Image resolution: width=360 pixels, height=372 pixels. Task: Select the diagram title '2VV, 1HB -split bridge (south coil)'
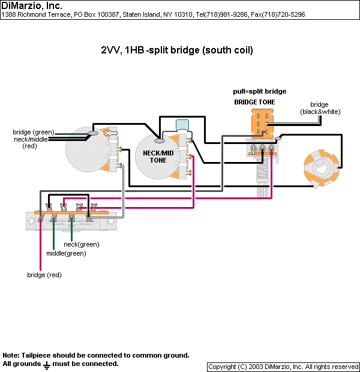(x=177, y=50)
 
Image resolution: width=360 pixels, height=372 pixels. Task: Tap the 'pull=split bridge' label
(x=259, y=91)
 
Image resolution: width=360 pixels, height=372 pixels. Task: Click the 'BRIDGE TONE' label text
(x=254, y=103)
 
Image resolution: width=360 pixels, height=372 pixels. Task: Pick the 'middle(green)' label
(x=66, y=254)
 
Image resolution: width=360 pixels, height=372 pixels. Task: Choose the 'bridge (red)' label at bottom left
(x=44, y=275)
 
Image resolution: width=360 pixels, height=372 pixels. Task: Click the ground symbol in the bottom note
(x=47, y=364)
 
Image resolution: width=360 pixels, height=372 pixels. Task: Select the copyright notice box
(x=283, y=367)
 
